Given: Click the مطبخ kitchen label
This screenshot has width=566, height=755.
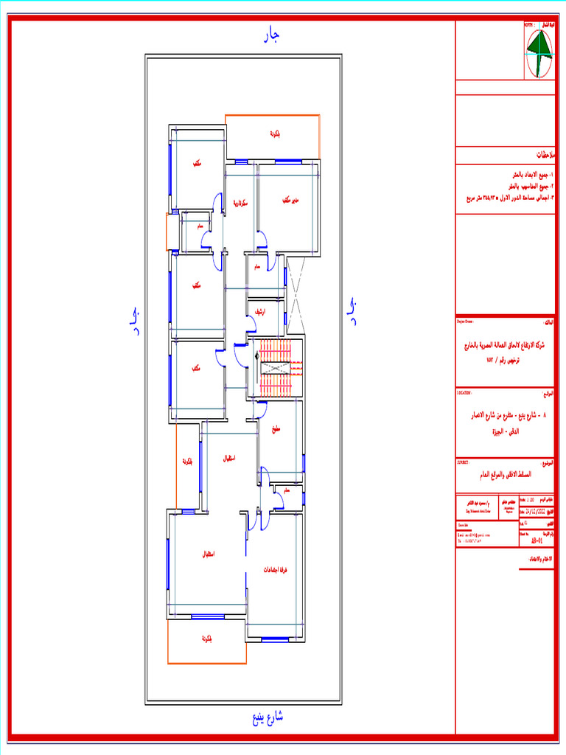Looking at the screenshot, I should coord(277,430).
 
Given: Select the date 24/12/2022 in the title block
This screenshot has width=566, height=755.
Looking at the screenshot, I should coord(537,509).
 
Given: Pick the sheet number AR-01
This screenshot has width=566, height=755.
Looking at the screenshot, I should coord(537,540).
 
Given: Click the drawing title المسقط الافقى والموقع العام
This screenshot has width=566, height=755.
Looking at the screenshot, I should coord(504,476).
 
